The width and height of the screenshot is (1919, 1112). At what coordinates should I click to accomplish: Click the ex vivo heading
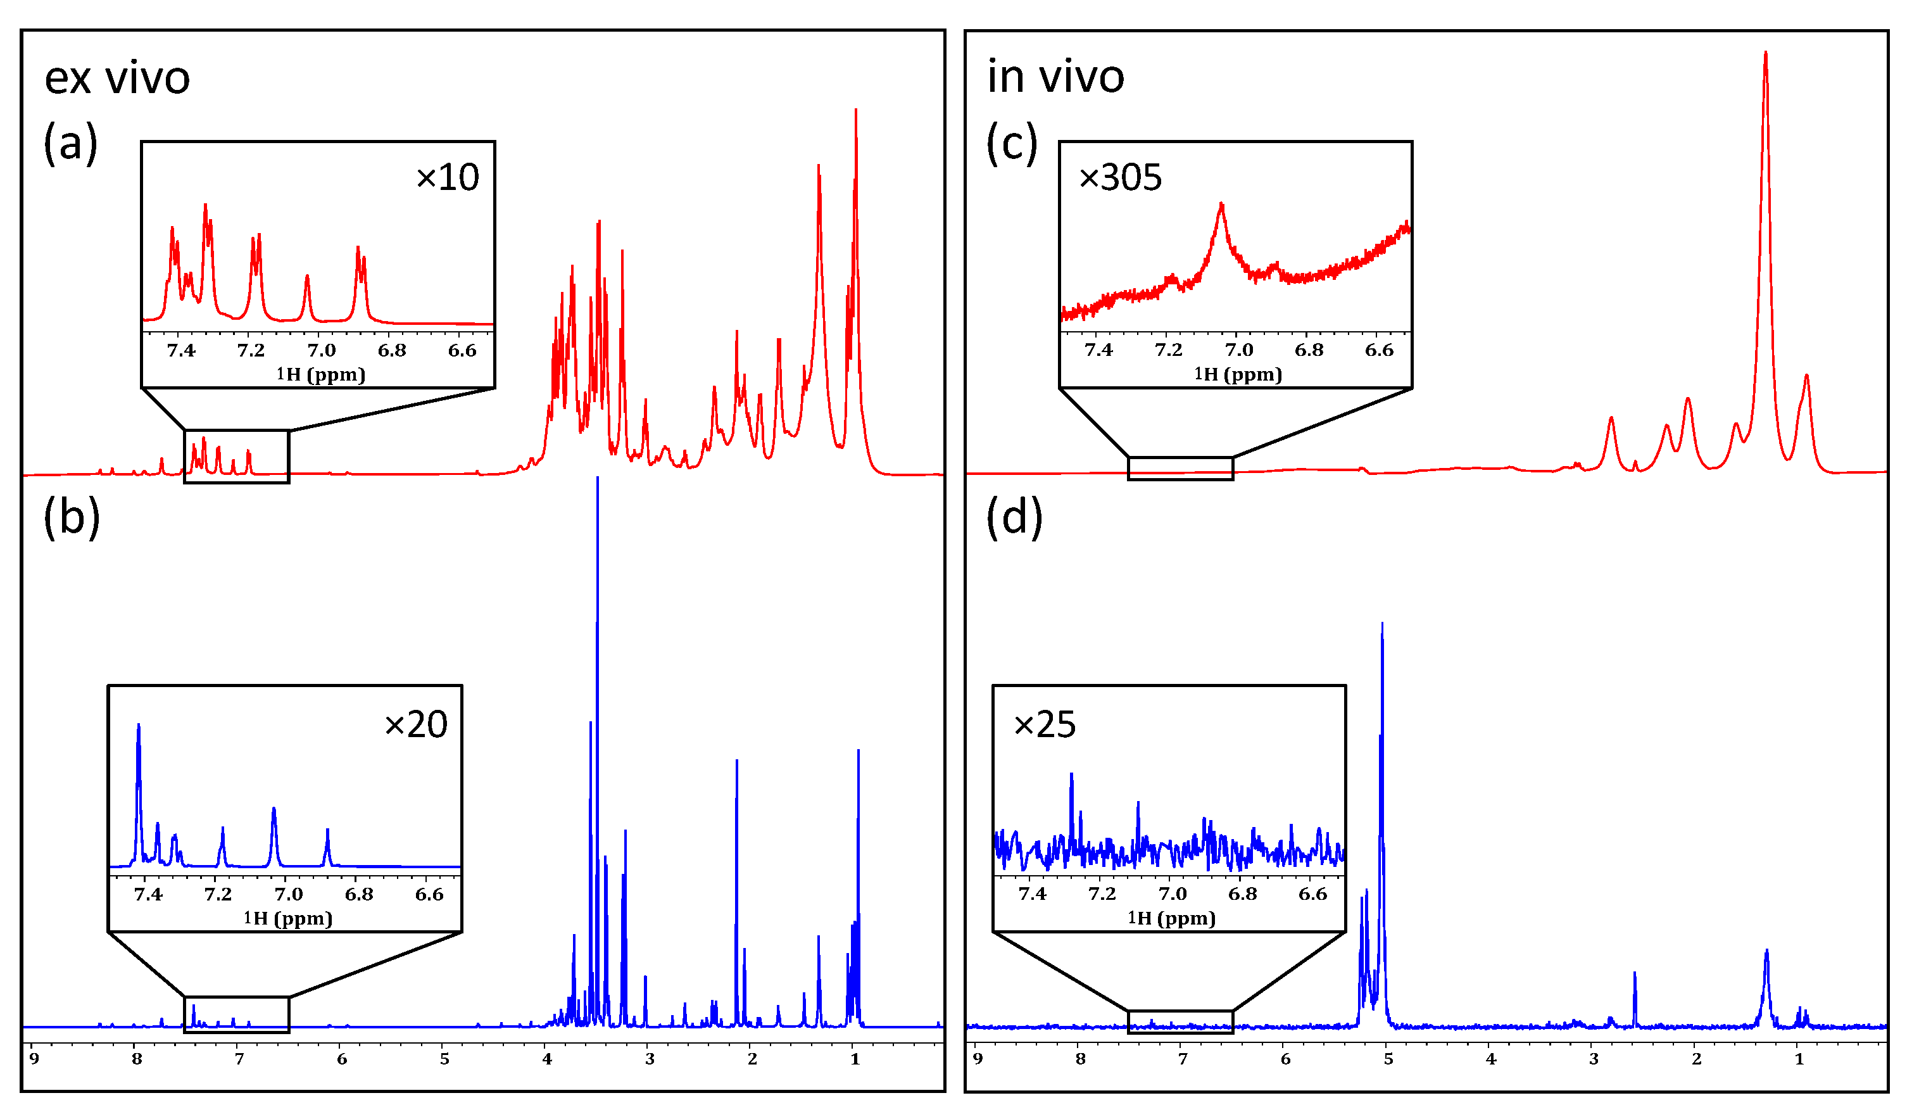(x=116, y=79)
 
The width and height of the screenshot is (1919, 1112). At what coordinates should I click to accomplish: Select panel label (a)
(x=70, y=143)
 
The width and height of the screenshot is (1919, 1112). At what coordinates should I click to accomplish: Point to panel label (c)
(x=1012, y=143)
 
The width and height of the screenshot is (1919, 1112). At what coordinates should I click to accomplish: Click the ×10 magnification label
(x=448, y=177)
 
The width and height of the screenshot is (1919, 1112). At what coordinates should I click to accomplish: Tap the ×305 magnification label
(x=1120, y=177)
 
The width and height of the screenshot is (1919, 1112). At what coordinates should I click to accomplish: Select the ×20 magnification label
(x=416, y=724)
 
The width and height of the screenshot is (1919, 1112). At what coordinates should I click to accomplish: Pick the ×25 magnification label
(x=1045, y=724)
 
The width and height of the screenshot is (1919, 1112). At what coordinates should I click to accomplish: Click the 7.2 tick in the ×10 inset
(x=251, y=350)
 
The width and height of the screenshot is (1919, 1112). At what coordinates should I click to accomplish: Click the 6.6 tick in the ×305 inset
(x=1379, y=350)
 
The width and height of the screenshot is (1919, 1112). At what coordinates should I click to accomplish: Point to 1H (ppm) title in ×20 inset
(x=288, y=919)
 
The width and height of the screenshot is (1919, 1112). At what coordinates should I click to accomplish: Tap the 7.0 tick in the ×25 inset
(x=1172, y=894)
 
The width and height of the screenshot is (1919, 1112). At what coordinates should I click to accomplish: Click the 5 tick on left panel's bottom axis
(x=444, y=1059)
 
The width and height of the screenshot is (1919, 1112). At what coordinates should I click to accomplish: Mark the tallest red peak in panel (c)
(x=1765, y=53)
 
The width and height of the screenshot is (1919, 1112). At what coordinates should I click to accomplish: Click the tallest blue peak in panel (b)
(x=598, y=478)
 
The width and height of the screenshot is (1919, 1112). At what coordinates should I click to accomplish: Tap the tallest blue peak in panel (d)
(x=1382, y=624)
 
